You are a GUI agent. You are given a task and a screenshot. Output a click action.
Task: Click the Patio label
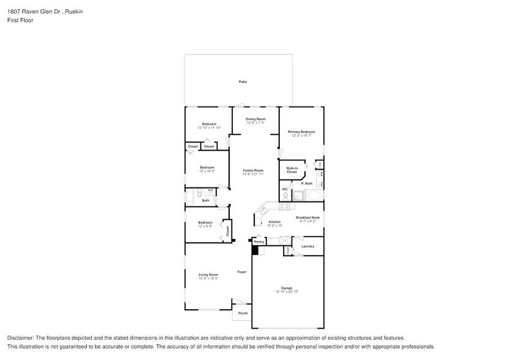click(x=243, y=81)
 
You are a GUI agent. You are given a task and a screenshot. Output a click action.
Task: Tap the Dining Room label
click(x=255, y=119)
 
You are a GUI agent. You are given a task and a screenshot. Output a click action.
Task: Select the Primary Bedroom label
click(x=301, y=132)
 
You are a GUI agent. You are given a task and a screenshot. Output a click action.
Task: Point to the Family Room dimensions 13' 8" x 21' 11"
click(x=253, y=174)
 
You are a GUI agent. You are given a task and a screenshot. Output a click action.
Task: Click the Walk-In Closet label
click(x=292, y=170)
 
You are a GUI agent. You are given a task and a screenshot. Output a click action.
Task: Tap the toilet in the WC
click(x=285, y=196)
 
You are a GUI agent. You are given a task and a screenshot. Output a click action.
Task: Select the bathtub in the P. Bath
click(x=314, y=196)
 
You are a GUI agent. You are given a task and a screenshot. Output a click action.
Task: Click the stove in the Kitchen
click(x=284, y=206)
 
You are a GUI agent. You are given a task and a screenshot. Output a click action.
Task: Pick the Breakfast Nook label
click(x=307, y=217)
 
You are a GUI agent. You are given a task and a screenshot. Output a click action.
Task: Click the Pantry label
click(x=259, y=242)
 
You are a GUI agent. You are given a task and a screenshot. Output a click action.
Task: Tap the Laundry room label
click(x=307, y=246)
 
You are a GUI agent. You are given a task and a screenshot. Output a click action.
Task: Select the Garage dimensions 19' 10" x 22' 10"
click(x=287, y=291)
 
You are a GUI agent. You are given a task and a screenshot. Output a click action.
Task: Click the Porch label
click(x=243, y=313)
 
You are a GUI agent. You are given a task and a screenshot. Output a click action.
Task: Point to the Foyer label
click(x=242, y=271)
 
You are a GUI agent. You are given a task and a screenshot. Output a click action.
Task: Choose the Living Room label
click(x=208, y=274)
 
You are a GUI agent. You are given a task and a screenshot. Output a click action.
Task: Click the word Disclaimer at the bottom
click(x=21, y=338)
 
